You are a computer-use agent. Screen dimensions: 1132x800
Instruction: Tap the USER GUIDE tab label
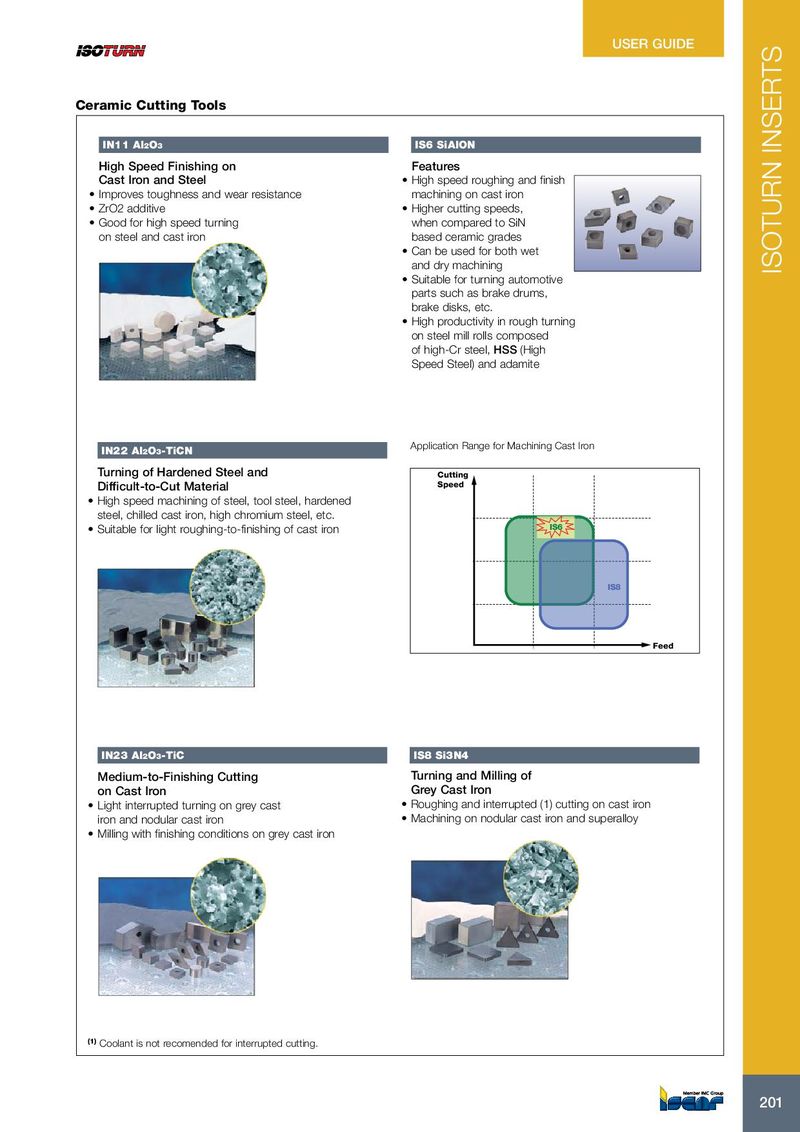pyautogui.click(x=653, y=44)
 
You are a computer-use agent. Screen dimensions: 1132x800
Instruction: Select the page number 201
pyautogui.click(x=770, y=1102)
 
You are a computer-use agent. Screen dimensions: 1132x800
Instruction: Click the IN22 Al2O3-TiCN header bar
pyautogui.click(x=242, y=451)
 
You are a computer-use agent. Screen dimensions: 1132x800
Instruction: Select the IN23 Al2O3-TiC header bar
pyautogui.click(x=242, y=754)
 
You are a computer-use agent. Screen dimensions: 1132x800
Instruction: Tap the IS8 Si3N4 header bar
pyautogui.click(x=555, y=754)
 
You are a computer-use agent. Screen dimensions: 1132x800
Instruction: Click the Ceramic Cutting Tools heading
pyautogui.click(x=151, y=105)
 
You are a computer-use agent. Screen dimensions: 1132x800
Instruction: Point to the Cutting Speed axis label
pyautogui.click(x=452, y=480)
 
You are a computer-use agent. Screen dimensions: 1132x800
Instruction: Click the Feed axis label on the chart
pyautogui.click(x=663, y=646)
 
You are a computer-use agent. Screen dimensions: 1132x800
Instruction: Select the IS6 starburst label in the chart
pyautogui.click(x=555, y=526)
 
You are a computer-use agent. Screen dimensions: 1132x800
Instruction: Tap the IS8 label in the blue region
pyautogui.click(x=615, y=587)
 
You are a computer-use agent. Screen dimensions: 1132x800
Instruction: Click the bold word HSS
pyautogui.click(x=505, y=350)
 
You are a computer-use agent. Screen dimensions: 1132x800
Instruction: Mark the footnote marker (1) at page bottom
pyautogui.click(x=91, y=1042)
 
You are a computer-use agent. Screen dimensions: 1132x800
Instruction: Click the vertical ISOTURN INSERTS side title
pyautogui.click(x=771, y=160)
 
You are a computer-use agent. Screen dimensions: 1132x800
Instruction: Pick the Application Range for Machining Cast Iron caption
pyautogui.click(x=502, y=445)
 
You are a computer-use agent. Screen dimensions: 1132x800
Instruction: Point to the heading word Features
pyautogui.click(x=435, y=166)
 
